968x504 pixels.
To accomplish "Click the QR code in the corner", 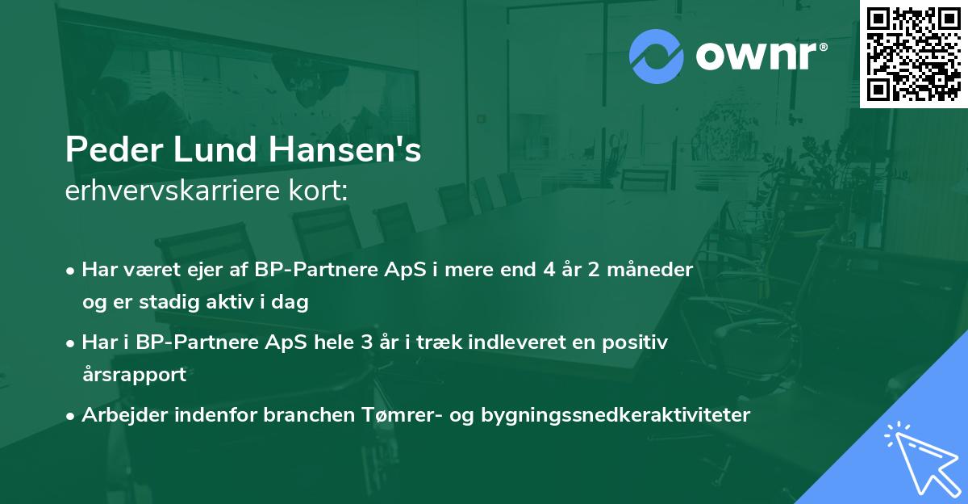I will [x=913, y=53].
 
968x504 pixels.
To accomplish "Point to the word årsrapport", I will [x=134, y=375].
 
